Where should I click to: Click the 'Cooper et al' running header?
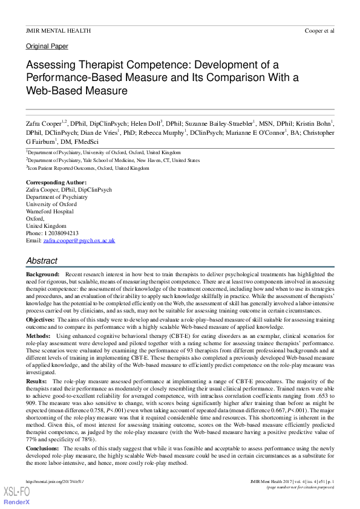pos(319,30)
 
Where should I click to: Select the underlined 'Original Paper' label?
pos(47,46)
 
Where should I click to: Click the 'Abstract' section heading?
pos(42,261)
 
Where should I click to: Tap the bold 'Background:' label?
pos(42,274)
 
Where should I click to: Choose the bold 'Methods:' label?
pos(39,334)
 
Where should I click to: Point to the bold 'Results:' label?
pos(38,382)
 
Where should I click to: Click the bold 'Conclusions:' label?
pos(44,449)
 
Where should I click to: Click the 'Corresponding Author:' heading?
pos(56,182)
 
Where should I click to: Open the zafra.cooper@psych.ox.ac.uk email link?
pos(79,240)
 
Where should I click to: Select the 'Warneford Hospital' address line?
pos(51,212)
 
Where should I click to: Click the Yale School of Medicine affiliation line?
pos(113,160)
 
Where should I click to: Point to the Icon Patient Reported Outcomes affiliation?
pos(87,168)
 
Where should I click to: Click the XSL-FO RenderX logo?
pos(15,496)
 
